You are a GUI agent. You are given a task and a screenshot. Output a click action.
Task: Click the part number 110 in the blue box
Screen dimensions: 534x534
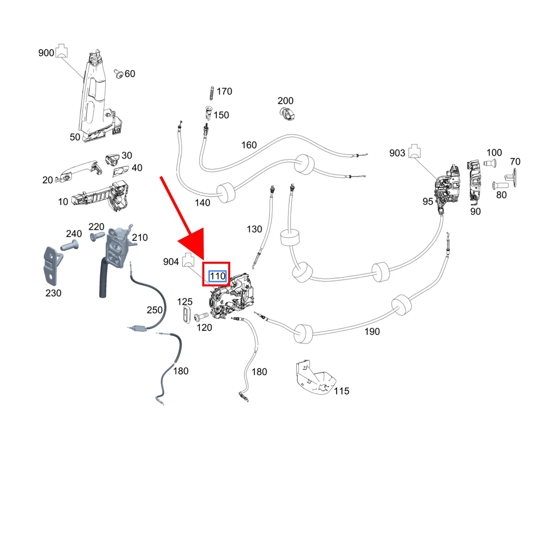[218, 276]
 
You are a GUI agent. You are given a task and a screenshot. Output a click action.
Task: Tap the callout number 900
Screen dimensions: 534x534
[46, 53]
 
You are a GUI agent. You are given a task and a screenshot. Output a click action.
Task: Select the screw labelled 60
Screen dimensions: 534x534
[119, 74]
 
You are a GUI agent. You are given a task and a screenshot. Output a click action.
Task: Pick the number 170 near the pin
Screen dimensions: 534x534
[224, 91]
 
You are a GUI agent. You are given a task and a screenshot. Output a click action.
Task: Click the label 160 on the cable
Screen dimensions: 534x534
[249, 145]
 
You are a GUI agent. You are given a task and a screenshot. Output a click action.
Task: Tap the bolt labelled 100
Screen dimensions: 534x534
[489, 163]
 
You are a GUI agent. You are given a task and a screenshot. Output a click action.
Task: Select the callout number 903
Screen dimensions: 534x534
[397, 153]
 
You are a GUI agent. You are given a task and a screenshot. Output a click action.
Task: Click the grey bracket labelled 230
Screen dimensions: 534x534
[52, 266]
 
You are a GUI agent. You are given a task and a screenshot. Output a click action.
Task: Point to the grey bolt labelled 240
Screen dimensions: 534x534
[69, 246]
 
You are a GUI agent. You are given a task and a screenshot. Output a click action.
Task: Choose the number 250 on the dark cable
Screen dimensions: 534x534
[155, 310]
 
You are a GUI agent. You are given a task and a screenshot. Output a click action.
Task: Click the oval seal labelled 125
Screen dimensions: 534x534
[187, 314]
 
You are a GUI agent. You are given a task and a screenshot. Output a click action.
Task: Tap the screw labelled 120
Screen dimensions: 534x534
[201, 316]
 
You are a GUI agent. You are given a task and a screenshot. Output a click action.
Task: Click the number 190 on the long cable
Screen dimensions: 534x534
[372, 331]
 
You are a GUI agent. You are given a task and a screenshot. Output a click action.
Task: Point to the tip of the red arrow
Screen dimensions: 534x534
[203, 261]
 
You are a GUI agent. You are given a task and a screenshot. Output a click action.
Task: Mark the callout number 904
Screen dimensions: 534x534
[171, 262]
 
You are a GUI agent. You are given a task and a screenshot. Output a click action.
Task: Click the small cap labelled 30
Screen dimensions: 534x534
[112, 160]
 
